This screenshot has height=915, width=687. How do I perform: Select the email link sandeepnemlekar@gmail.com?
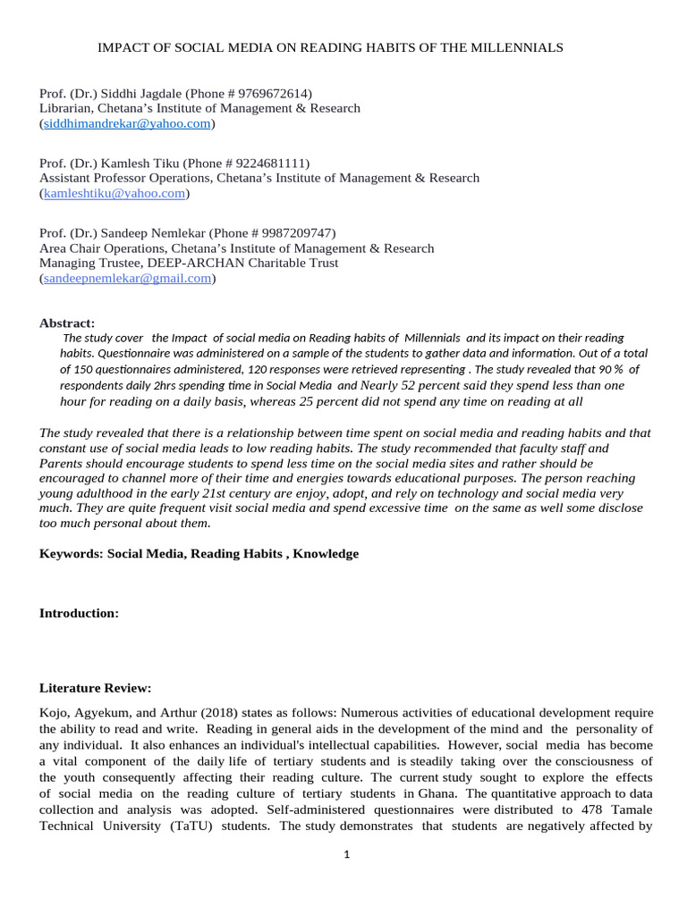[x=127, y=279]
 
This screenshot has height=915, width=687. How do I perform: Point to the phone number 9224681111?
[x=271, y=164]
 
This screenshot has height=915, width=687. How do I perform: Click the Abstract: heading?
[x=67, y=323]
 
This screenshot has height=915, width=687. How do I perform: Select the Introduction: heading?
[x=79, y=613]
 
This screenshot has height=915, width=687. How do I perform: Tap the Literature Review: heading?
[x=96, y=688]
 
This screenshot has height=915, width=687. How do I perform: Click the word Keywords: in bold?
[x=72, y=554]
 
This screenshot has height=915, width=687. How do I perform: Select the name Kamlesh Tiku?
[x=139, y=164]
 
